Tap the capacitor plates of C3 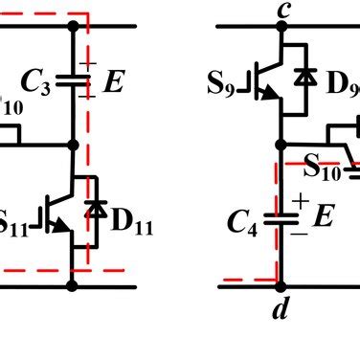[x=73, y=82]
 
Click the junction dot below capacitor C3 [x=73, y=146]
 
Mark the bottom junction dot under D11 [x=73, y=284]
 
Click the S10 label [x=322, y=170]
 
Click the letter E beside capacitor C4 [x=322, y=219]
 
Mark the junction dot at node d [x=281, y=284]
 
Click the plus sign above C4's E [x=301, y=200]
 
